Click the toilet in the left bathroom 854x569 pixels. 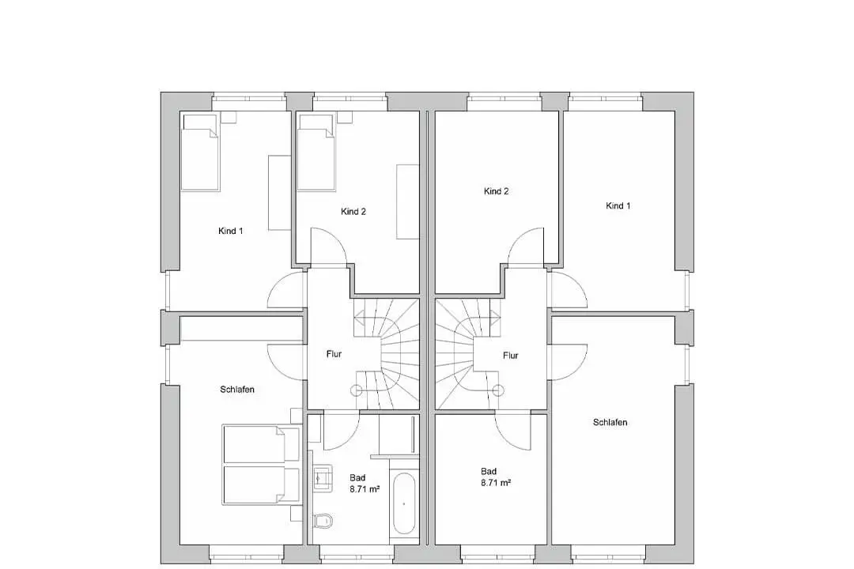click(x=323, y=521)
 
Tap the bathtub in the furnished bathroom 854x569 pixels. click(x=403, y=503)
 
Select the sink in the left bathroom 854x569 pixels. click(x=323, y=477)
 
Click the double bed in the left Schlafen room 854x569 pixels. click(x=262, y=465)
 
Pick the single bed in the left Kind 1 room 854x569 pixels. click(x=200, y=153)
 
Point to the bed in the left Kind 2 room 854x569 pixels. click(x=316, y=153)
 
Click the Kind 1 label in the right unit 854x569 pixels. click(x=618, y=205)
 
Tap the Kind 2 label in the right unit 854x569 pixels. click(x=496, y=191)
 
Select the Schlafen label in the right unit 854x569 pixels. click(x=610, y=422)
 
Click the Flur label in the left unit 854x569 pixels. click(x=334, y=354)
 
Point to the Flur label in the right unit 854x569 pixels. click(x=510, y=356)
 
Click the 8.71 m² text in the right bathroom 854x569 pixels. click(x=496, y=482)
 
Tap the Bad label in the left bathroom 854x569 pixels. click(x=357, y=477)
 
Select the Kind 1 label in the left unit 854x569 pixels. click(x=230, y=231)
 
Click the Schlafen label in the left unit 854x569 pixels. click(x=237, y=390)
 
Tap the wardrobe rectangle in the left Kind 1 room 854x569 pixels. click(x=279, y=193)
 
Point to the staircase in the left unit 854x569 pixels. click(x=387, y=354)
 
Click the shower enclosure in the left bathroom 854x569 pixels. click(x=398, y=435)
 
